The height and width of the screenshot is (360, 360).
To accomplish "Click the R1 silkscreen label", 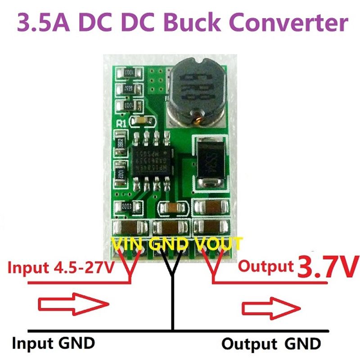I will click(121, 123).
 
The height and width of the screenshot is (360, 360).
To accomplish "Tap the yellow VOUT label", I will click(218, 244).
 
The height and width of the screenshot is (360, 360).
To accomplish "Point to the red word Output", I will click(265, 266).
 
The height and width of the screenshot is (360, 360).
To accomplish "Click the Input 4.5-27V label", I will click(61, 268).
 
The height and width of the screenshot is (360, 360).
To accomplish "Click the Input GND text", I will click(53, 343).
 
